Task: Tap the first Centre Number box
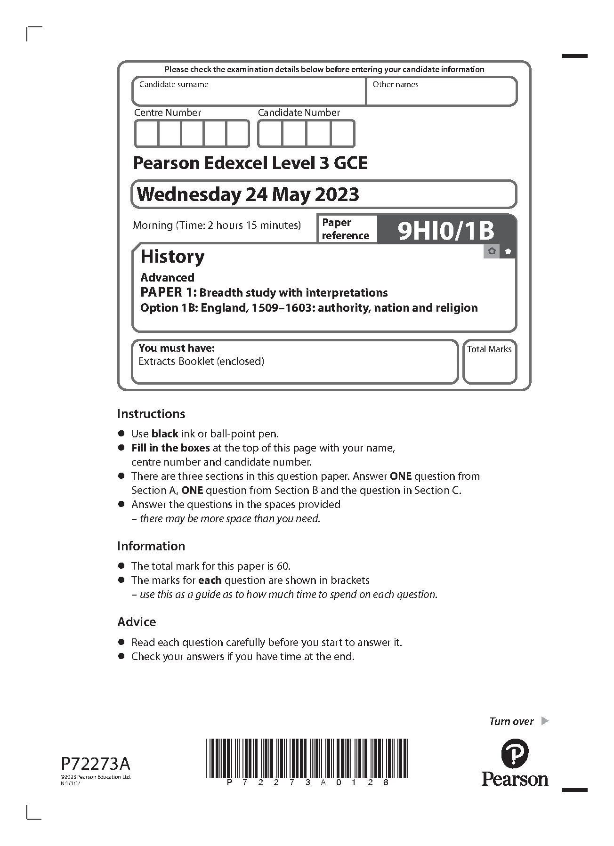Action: tap(146, 134)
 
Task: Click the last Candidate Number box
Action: tap(342, 134)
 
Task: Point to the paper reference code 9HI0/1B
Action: tap(446, 231)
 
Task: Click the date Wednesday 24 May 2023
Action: tap(248, 194)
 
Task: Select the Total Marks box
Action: tap(489, 362)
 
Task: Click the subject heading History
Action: tap(172, 257)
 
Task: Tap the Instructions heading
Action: tap(151, 414)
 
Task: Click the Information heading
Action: tap(151, 546)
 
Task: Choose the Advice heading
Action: tap(137, 622)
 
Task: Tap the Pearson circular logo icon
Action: tap(515, 753)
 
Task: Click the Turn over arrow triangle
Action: tap(545, 721)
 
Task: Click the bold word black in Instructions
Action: tap(165, 434)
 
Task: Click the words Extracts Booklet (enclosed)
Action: tap(201, 362)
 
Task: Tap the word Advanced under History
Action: tap(167, 277)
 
